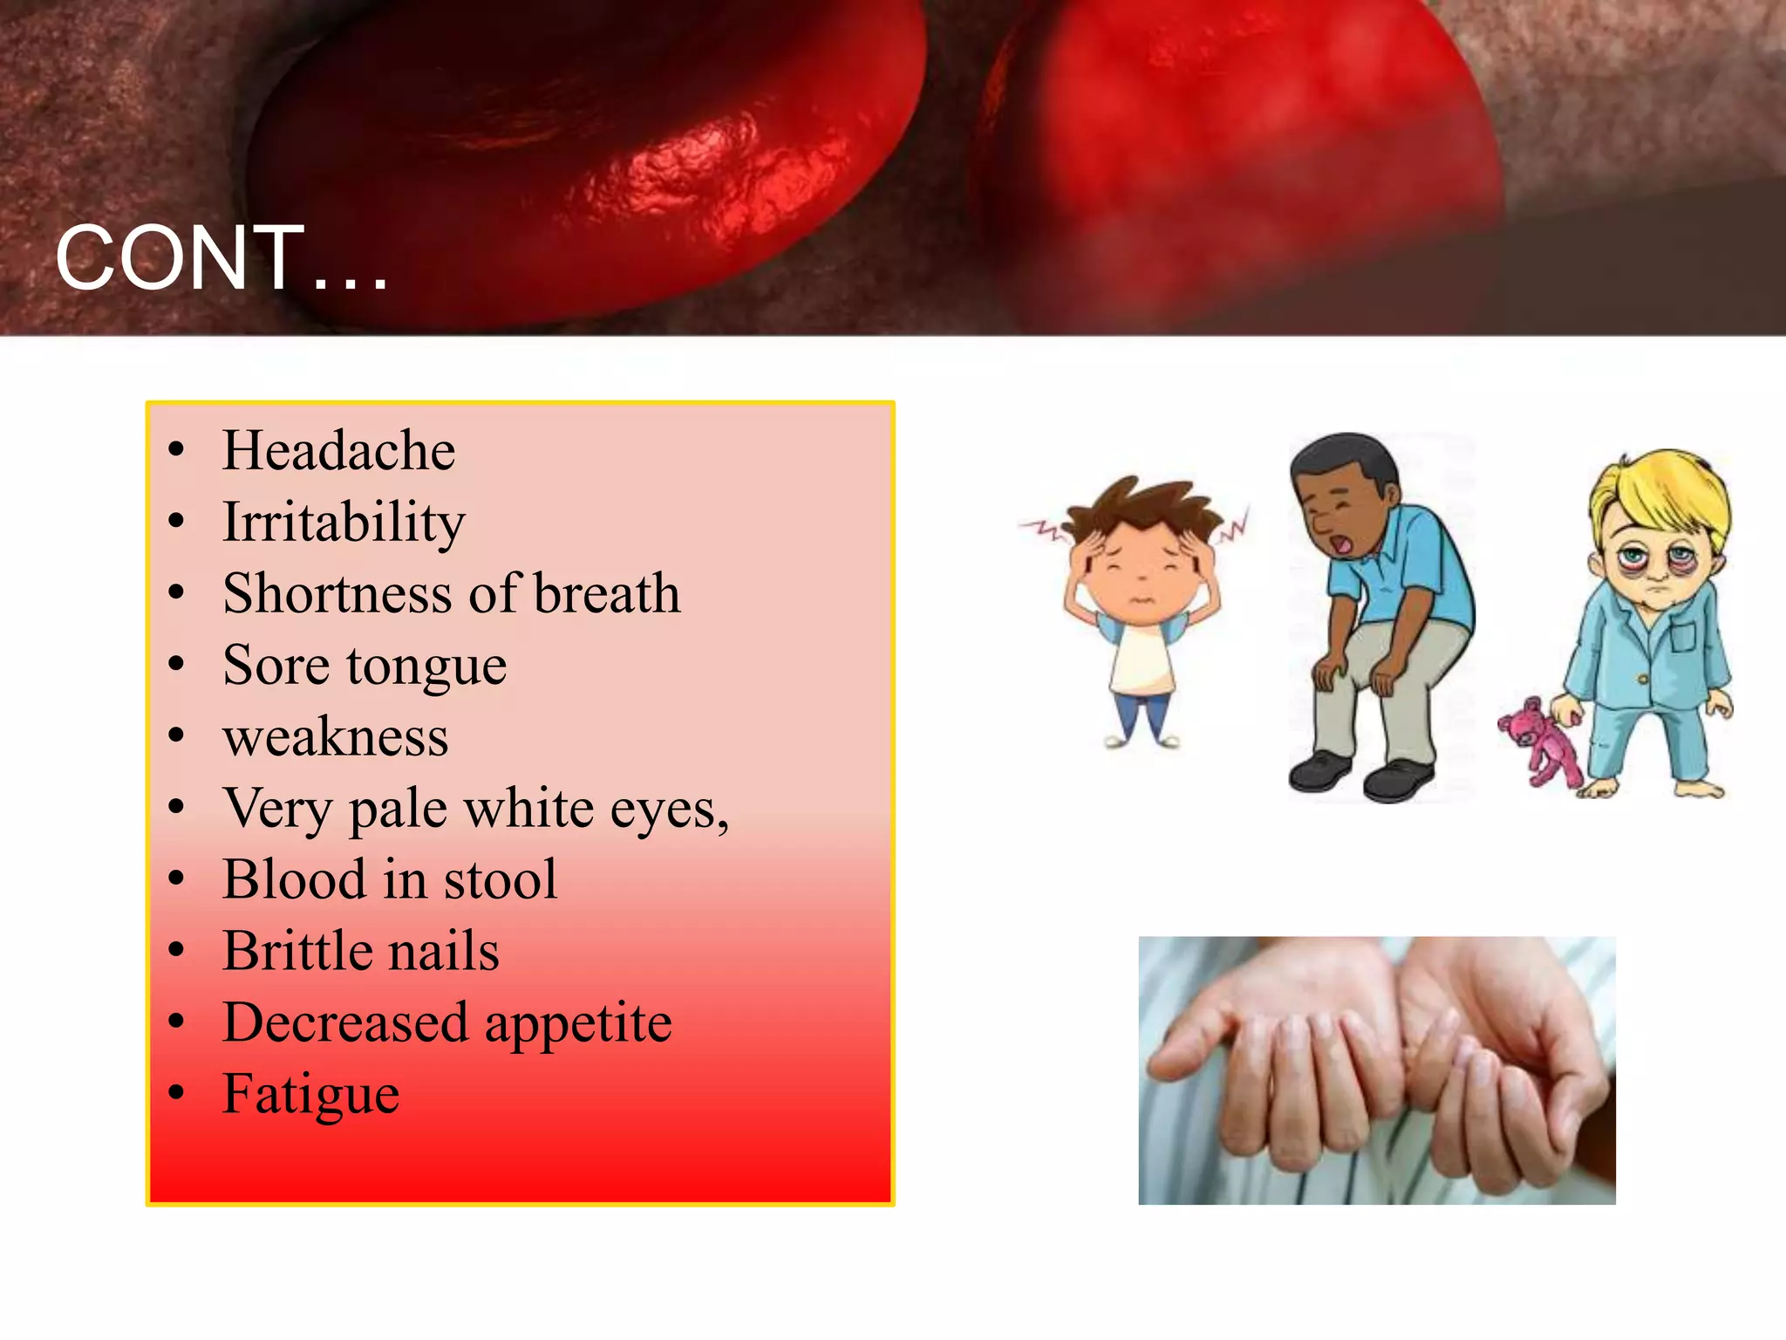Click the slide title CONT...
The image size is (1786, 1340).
coord(221,258)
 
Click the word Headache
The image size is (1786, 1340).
coord(338,451)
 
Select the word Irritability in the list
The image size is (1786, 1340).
coord(344,523)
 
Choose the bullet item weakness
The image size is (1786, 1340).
coord(336,737)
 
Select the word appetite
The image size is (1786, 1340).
coord(578,1023)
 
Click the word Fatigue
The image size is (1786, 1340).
coord(310,1095)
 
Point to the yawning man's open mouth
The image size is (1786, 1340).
coord(1344,545)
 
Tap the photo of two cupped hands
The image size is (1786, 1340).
coord(1376,1070)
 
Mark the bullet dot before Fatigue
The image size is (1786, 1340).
coord(177,1094)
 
